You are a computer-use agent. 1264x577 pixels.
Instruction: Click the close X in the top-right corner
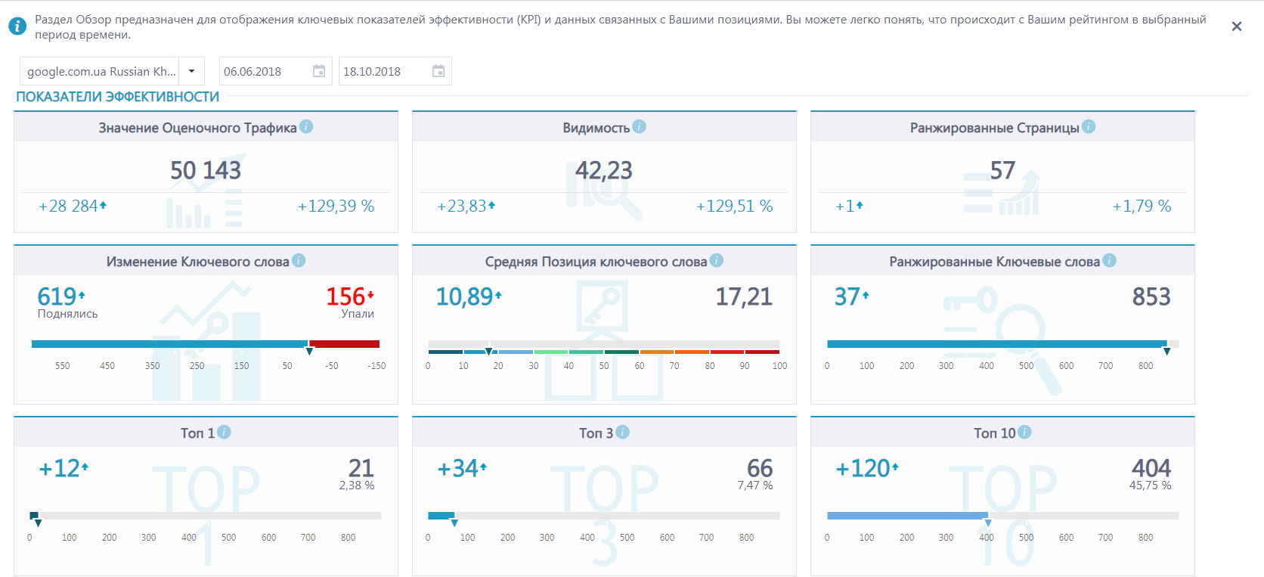click(x=1236, y=26)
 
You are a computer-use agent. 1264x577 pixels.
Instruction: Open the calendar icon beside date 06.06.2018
click(x=319, y=71)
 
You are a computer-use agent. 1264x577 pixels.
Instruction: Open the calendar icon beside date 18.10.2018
click(x=438, y=71)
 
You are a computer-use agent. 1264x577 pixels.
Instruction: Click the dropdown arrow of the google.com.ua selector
click(x=192, y=71)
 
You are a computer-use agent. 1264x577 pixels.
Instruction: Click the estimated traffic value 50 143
click(x=206, y=170)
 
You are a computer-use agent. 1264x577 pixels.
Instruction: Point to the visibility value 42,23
click(x=604, y=170)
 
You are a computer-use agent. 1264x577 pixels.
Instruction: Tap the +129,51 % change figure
click(x=734, y=206)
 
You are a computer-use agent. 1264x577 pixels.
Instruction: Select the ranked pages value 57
click(x=1002, y=170)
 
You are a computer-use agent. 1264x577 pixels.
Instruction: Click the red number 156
click(x=345, y=296)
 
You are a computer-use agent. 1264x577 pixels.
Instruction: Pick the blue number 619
click(x=57, y=296)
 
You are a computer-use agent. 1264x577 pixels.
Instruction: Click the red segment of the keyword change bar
click(x=344, y=344)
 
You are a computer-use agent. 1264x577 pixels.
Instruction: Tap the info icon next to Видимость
click(x=639, y=127)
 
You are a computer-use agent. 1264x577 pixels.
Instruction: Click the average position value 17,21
click(x=744, y=296)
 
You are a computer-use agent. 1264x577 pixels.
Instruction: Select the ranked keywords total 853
click(x=1151, y=296)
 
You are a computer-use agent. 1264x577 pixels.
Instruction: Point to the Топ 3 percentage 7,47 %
click(x=755, y=485)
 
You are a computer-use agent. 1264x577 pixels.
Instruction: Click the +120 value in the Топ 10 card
click(x=863, y=468)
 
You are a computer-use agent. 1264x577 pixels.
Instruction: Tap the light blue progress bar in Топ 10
click(x=907, y=516)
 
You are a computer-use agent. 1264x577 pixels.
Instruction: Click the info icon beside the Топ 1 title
click(x=224, y=433)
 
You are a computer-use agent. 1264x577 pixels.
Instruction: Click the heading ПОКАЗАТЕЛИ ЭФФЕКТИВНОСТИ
click(x=117, y=97)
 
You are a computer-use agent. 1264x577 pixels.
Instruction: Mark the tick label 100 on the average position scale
click(x=780, y=366)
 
